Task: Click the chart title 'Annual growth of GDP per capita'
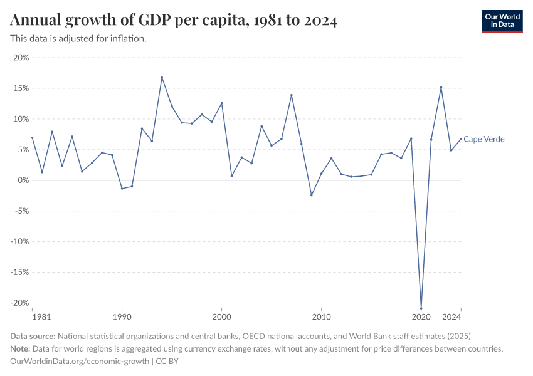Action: tap(174, 21)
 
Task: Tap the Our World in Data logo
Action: tap(502, 21)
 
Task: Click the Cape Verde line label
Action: tap(483, 139)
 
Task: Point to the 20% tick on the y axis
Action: tap(21, 58)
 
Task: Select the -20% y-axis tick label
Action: tap(19, 303)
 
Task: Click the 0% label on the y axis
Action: tap(23, 180)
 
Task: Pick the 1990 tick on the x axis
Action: tap(122, 318)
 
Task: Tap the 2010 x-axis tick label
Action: tap(321, 318)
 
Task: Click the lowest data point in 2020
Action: tap(421, 308)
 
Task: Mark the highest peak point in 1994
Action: tap(162, 77)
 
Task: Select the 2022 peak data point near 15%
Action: tap(441, 87)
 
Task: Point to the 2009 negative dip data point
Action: tap(311, 195)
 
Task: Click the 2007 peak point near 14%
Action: tap(291, 95)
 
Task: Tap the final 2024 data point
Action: tap(461, 139)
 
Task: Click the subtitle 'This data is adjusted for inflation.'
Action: tap(78, 39)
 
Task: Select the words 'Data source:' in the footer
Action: tap(33, 336)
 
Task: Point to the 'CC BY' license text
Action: tap(167, 362)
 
